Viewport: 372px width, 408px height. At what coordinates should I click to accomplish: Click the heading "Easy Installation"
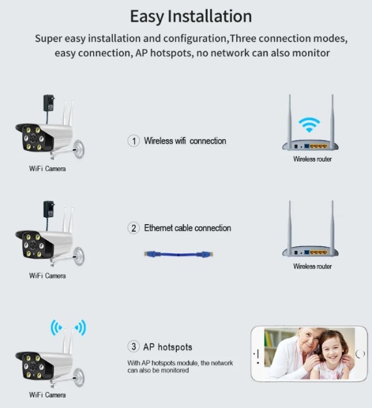tap(191, 16)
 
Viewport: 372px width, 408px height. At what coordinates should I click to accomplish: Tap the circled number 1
tap(134, 141)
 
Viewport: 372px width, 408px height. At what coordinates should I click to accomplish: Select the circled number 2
tap(134, 228)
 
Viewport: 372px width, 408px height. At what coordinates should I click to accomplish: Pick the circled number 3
tap(134, 347)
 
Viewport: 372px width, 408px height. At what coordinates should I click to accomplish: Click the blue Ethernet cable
tap(179, 254)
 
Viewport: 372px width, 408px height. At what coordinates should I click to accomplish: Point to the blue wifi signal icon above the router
tap(309, 124)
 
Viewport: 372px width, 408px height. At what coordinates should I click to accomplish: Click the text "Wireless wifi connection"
tap(185, 141)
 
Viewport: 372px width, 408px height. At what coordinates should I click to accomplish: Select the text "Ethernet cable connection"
tap(188, 228)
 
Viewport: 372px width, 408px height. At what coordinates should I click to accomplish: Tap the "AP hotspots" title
tap(168, 347)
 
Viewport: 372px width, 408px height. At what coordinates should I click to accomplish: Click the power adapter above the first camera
tap(49, 103)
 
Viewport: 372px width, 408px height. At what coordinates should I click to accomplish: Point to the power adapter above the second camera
tap(49, 209)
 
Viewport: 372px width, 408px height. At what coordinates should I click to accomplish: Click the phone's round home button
tap(360, 354)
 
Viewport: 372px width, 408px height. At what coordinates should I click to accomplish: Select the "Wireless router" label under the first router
tap(312, 159)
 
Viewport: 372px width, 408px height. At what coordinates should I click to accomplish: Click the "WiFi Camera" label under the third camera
tap(47, 395)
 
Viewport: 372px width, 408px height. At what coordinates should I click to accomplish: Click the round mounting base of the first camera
tap(79, 149)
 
